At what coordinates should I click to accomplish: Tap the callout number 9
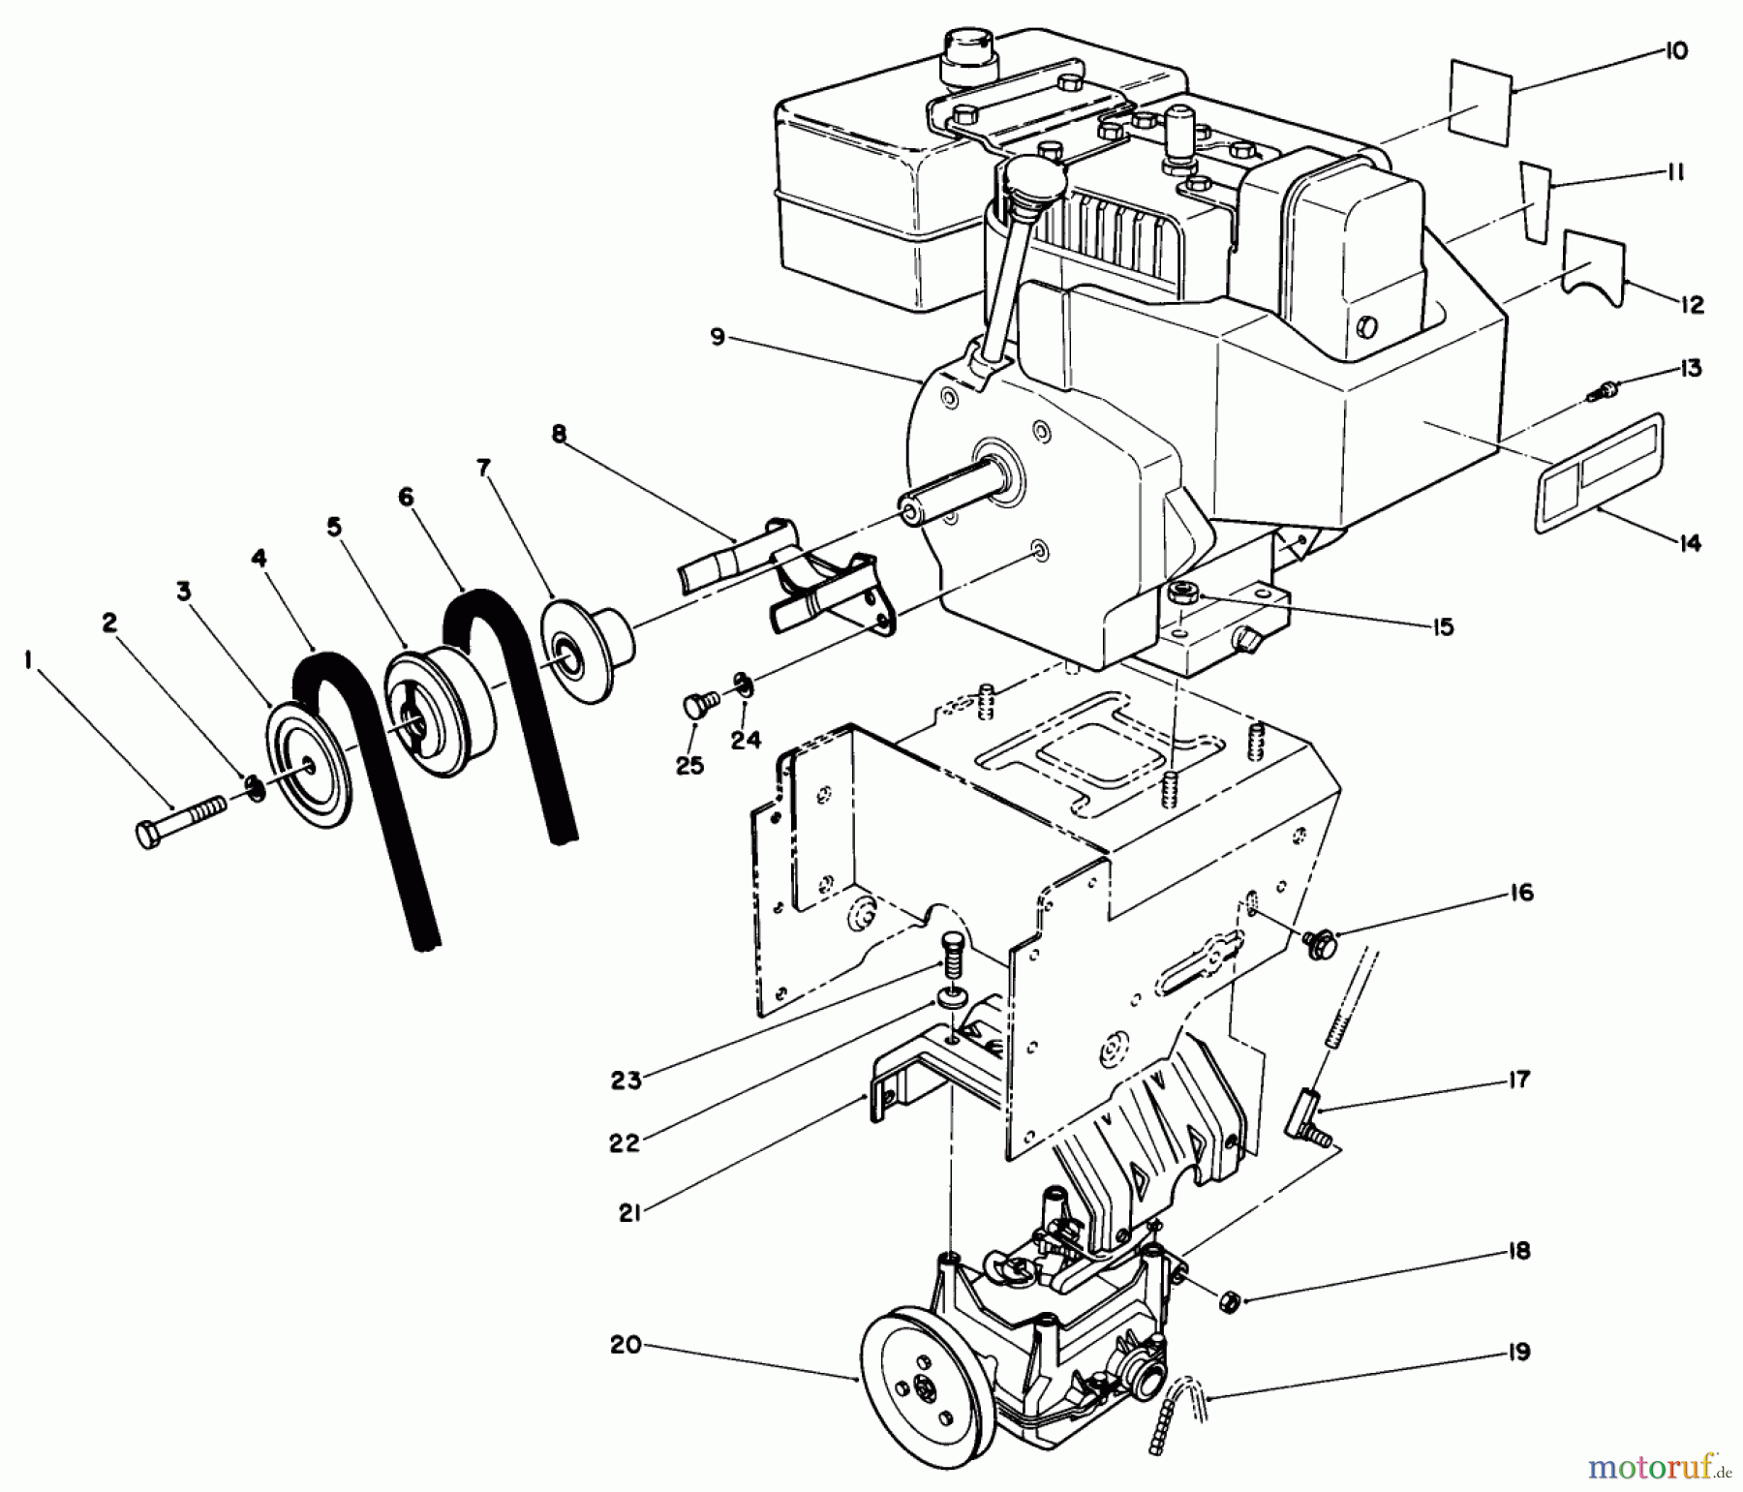coord(717,338)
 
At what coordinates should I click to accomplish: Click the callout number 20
coord(627,1345)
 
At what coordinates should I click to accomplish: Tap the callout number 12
coord(1692,305)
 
